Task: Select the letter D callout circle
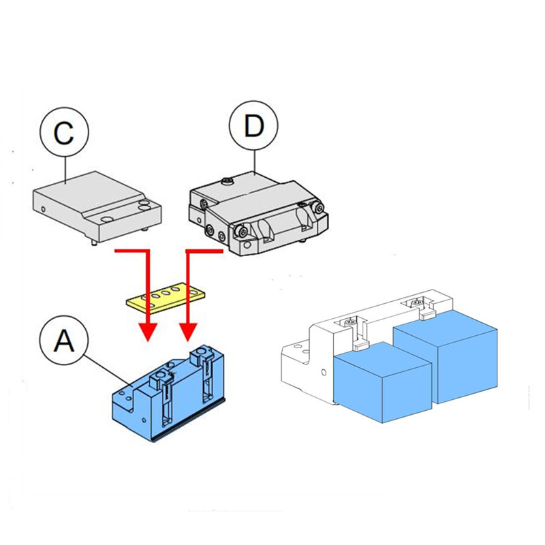(x=253, y=126)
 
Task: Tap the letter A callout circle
(x=63, y=341)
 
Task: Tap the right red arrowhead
(x=187, y=332)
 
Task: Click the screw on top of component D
(x=227, y=181)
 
